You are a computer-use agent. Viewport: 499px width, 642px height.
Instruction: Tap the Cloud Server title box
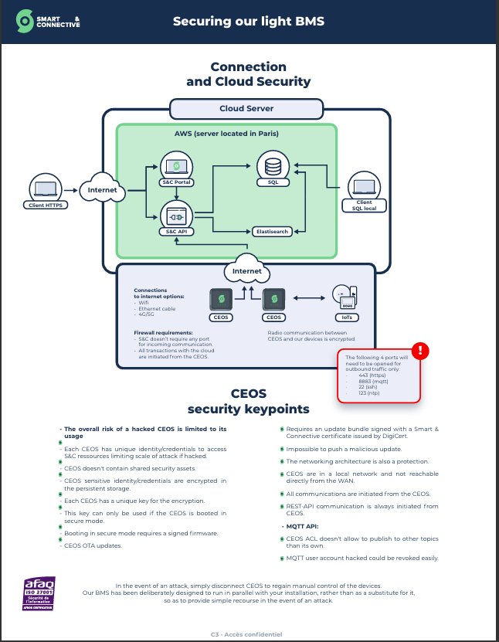click(246, 109)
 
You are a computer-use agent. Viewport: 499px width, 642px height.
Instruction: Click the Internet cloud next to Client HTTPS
click(102, 189)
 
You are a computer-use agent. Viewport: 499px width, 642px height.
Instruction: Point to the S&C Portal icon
click(176, 166)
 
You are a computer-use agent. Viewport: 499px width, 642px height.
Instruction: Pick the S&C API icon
click(176, 213)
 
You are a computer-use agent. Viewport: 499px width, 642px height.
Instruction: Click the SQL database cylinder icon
click(273, 166)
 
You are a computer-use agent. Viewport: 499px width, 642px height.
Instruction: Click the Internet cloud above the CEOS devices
click(246, 271)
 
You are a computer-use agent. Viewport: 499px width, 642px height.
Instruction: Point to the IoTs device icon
click(344, 297)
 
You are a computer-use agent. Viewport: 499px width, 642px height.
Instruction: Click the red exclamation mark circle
click(420, 352)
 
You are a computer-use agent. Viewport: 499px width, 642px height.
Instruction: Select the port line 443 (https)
click(371, 375)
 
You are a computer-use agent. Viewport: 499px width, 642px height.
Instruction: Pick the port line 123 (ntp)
click(370, 393)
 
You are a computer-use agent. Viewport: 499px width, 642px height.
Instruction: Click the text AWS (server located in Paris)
click(226, 134)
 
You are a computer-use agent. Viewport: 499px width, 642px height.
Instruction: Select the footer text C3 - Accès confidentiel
click(246, 634)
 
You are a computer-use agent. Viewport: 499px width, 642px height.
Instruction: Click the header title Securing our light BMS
click(249, 21)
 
